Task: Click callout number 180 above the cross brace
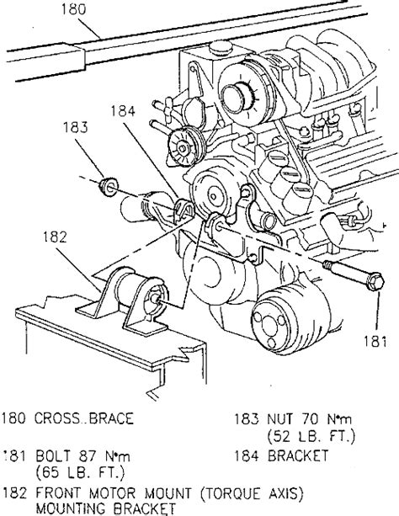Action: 74,9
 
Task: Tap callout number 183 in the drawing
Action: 76,127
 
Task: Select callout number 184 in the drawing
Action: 123,111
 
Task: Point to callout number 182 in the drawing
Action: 55,237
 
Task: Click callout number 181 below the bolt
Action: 375,341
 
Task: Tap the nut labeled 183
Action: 108,186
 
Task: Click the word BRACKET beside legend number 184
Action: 298,455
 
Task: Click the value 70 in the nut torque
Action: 310,419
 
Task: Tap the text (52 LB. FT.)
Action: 311,436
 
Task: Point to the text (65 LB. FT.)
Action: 81,473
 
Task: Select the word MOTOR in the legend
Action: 112,493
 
